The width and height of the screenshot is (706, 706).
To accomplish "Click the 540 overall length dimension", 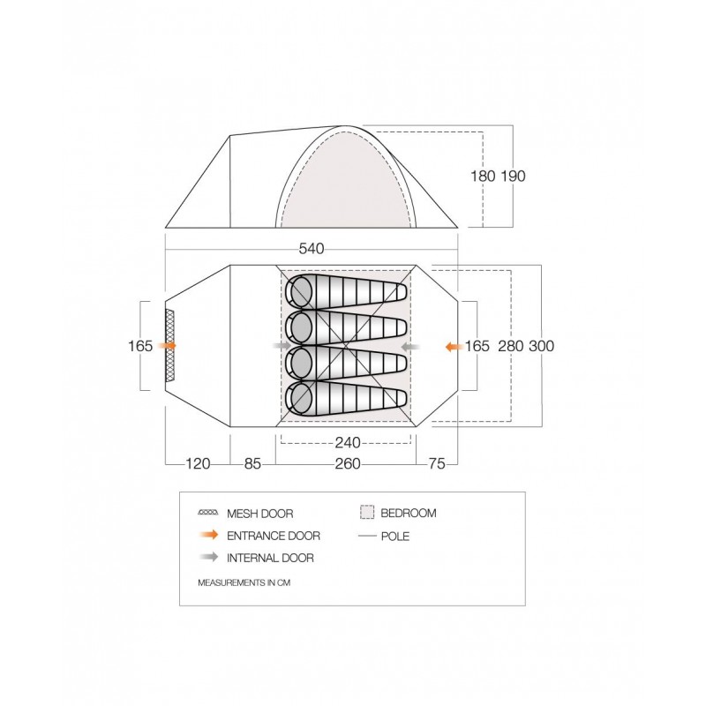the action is (312, 249).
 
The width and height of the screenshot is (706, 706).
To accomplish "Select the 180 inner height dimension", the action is (483, 176).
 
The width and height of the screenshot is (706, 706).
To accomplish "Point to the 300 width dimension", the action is (541, 346).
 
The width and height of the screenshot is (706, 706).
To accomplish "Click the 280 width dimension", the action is (511, 346).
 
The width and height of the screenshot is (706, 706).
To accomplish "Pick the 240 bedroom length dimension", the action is (348, 443).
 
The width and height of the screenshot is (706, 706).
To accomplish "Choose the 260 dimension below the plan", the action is (348, 463).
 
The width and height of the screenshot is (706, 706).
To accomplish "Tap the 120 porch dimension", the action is (198, 463).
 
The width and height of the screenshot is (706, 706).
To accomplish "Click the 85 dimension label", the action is (252, 463).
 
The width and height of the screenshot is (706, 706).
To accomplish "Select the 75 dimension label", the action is (436, 463).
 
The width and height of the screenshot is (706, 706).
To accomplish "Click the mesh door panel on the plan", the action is (169, 346).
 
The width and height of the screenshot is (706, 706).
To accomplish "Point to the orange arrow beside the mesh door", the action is (169, 345).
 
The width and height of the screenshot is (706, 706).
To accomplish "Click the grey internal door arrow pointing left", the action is (410, 347).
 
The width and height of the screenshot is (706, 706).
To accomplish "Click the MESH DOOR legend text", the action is (259, 514).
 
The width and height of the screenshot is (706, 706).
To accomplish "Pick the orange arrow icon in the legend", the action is (208, 535).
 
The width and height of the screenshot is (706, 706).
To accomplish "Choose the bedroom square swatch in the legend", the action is (367, 513).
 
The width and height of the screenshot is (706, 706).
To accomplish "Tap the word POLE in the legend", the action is (394, 537).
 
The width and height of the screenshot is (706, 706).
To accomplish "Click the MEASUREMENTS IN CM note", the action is (244, 582).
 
